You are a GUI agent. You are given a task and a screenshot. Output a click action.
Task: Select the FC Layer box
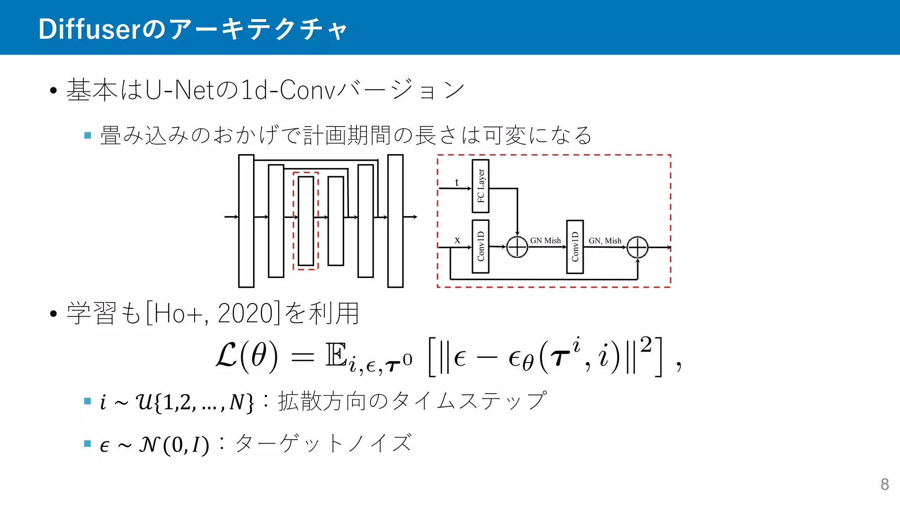(480, 186)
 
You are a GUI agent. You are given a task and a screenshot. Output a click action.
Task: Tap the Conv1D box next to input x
(480, 246)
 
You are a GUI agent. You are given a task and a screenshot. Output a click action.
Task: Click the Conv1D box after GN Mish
(575, 247)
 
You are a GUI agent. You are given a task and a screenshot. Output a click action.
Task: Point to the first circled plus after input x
(517, 247)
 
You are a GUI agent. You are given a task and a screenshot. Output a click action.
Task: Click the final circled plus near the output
(637, 247)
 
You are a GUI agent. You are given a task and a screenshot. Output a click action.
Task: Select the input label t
(457, 182)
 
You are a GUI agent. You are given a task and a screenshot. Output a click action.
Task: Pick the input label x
(457, 240)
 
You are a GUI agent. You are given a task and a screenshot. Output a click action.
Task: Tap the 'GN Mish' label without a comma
(545, 240)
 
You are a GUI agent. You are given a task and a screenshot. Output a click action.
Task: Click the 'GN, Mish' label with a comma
(605, 241)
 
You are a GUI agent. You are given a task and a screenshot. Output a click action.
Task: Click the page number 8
(885, 484)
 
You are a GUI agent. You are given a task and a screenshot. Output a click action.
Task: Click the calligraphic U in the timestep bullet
(144, 401)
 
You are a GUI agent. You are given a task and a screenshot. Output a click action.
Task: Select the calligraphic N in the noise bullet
(149, 445)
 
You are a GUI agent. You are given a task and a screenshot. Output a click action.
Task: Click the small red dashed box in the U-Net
(305, 221)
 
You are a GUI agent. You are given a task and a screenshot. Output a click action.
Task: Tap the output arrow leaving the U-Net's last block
(410, 217)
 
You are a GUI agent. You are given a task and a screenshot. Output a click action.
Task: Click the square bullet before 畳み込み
(87, 135)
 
